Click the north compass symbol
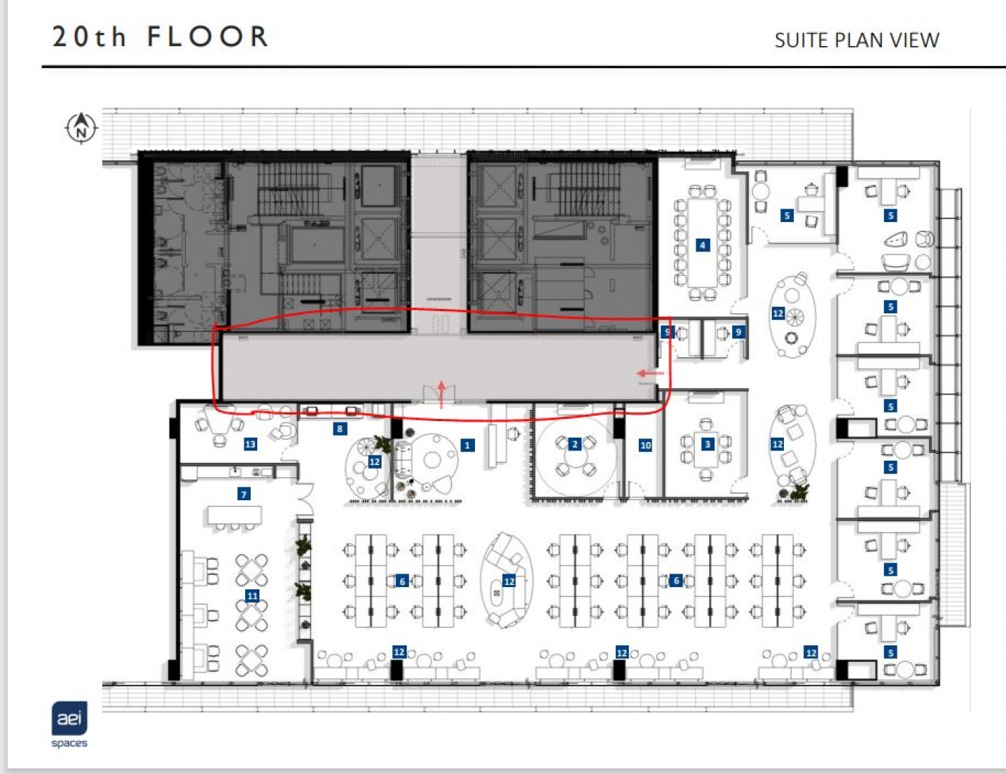pos(81,128)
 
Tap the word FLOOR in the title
pos(208,37)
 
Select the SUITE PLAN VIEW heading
pos(857,40)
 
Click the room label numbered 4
pos(703,245)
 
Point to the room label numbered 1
pos(467,446)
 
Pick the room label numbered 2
pos(574,444)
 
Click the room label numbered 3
pos(708,444)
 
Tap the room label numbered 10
pos(645,446)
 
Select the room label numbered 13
pos(250,444)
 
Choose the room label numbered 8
pos(340,429)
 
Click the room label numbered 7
pos(244,494)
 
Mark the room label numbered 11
pos(252,596)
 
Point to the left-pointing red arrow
pos(650,373)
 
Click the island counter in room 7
pos(234,515)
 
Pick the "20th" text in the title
pos(90,37)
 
